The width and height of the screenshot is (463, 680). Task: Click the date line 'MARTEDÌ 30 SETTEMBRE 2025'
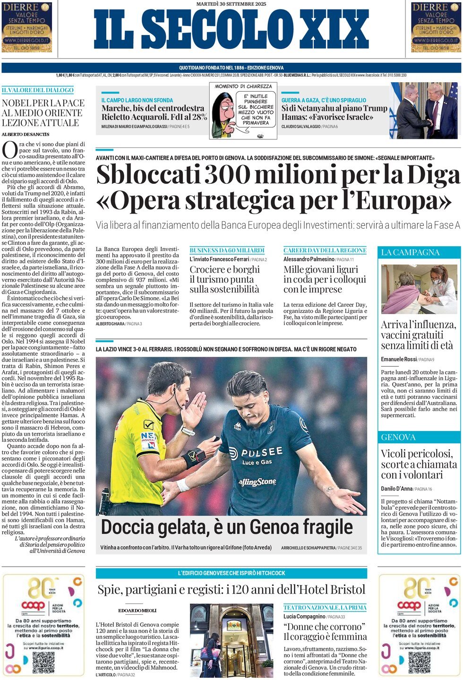coord(231,4)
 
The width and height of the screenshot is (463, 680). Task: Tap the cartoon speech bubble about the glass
coord(256,109)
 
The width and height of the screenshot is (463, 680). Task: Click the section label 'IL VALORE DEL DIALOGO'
coord(38,90)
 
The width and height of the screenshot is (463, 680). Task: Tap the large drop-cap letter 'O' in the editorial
coord(9,151)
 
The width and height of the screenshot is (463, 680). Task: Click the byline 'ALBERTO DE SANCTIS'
coord(26,134)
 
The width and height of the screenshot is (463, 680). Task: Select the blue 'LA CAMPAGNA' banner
coord(419,252)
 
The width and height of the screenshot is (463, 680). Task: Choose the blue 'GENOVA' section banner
coord(419,437)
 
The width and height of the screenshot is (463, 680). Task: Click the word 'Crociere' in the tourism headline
coord(207,269)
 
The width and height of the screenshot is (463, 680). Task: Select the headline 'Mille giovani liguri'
coord(321,269)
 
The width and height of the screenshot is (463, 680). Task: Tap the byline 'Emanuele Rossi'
coord(399,360)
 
